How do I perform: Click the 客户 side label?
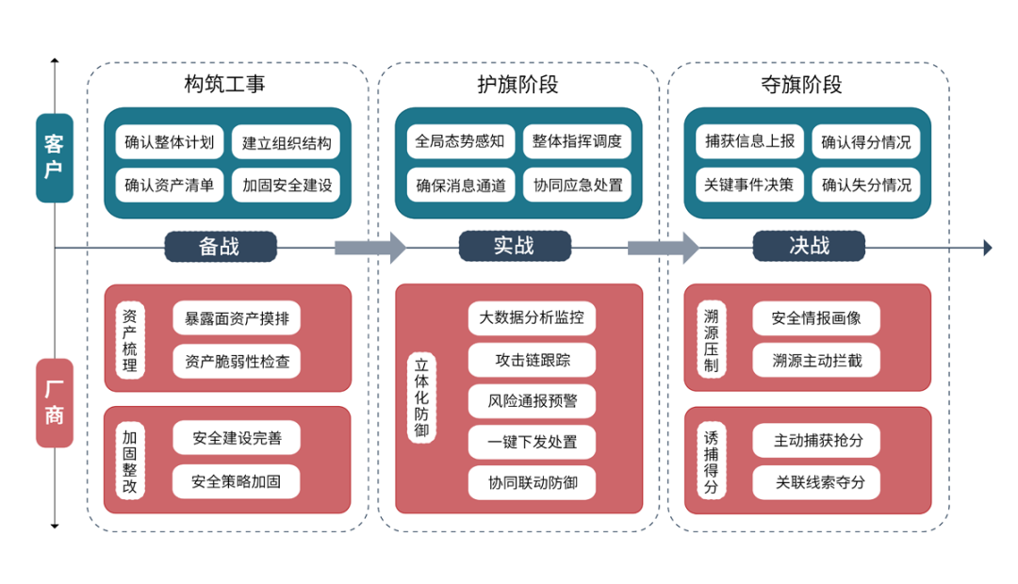pos(55,157)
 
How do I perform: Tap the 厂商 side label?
pos(55,402)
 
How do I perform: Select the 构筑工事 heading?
pos(225,85)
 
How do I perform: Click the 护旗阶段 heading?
pos(517,85)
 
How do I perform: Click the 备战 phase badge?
pos(220,247)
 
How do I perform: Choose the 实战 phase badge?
pos(514,246)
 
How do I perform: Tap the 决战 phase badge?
pos(809,246)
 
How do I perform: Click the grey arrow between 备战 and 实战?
pos(369,248)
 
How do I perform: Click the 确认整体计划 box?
pos(170,143)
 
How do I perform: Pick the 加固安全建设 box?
pos(287,186)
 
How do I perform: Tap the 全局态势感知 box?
pos(460,142)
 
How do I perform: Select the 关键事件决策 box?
pos(749,186)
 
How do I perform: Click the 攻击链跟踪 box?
pos(533,360)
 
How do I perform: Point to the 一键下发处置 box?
pos(533,442)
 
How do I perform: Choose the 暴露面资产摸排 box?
pos(237,318)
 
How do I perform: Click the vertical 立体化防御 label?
pos(421,398)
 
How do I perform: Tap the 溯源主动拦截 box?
pos(816,360)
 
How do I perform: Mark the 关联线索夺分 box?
pos(816,482)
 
